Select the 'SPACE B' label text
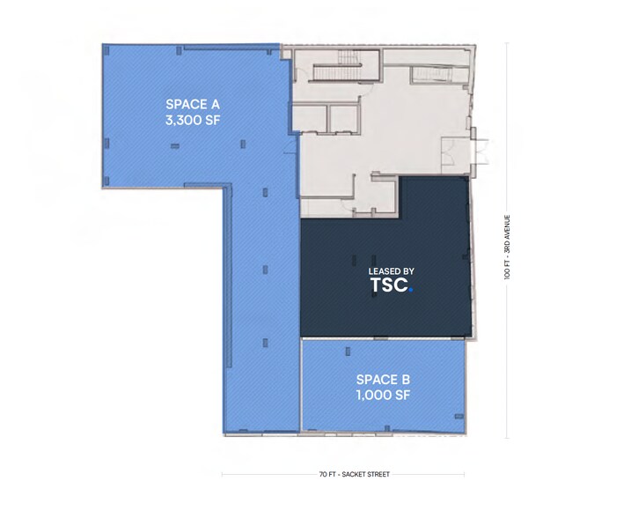point(383,380)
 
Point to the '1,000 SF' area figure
point(383,396)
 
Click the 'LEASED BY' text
point(386,271)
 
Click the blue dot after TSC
point(410,290)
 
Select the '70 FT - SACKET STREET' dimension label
point(344,474)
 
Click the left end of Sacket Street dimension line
point(223,474)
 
